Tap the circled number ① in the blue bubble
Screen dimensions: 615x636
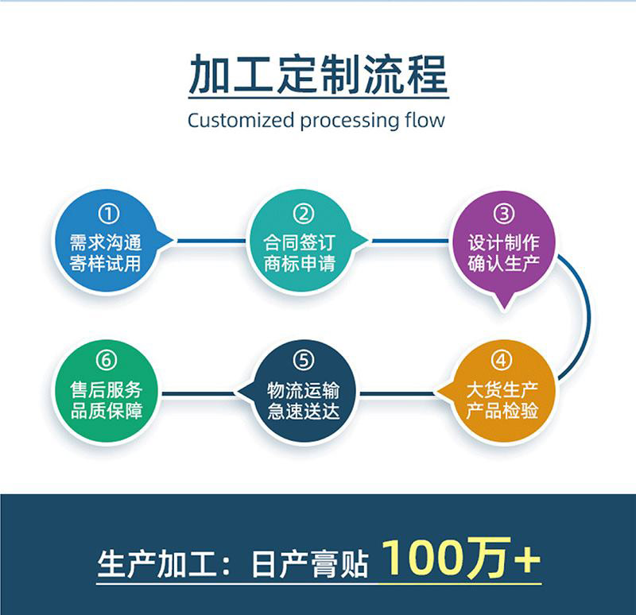(x=108, y=214)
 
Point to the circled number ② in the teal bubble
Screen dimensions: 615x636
(x=302, y=214)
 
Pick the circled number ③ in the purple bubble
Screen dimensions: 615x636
(x=503, y=214)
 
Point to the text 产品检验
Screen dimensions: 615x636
(x=502, y=410)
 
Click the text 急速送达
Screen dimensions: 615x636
(x=303, y=410)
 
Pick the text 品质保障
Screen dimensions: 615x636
(x=106, y=410)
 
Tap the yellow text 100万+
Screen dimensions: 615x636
(x=461, y=559)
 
